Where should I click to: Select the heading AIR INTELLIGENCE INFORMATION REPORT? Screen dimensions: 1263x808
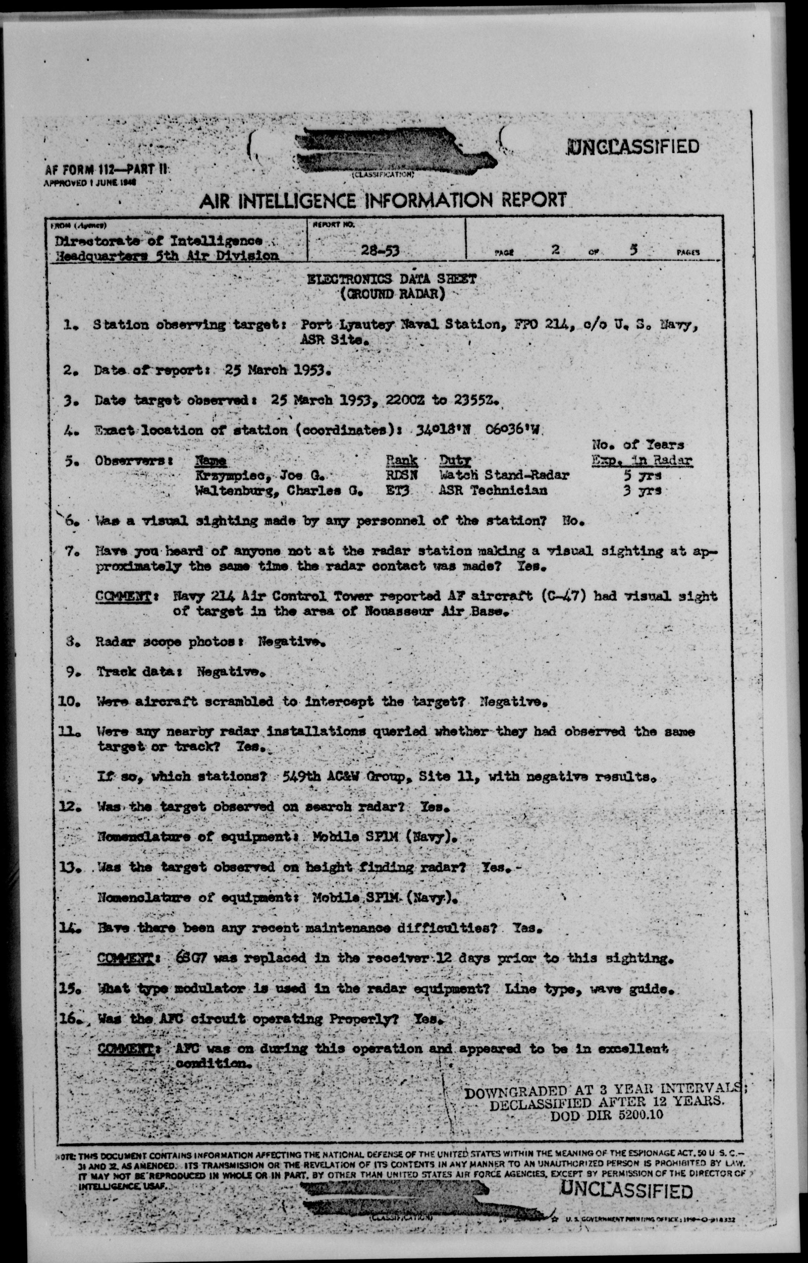pyautogui.click(x=383, y=200)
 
